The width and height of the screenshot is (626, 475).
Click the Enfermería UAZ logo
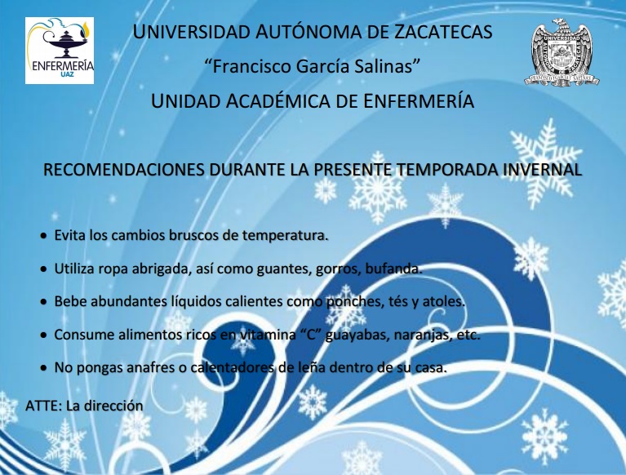click(x=60, y=51)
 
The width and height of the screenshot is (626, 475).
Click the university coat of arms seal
click(x=562, y=52)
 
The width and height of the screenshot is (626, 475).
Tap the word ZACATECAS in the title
click(x=443, y=32)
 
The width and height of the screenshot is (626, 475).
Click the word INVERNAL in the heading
click(x=542, y=170)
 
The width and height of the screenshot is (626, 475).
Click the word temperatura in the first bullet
click(x=286, y=236)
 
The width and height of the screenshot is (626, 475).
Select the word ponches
click(x=355, y=301)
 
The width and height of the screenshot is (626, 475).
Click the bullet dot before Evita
click(x=43, y=237)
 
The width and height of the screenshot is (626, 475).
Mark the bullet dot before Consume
click(x=43, y=335)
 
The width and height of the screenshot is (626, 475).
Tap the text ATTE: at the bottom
click(x=44, y=406)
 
